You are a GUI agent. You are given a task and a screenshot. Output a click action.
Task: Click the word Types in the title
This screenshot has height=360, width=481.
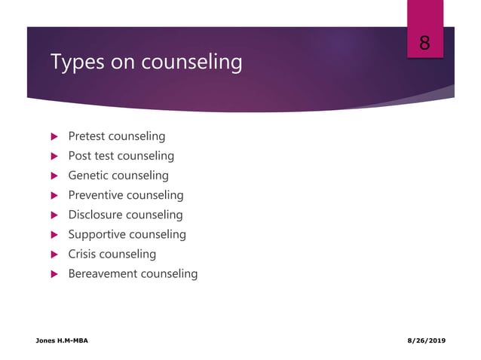pos(76,63)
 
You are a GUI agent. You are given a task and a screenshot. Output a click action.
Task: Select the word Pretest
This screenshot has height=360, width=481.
pos(87,136)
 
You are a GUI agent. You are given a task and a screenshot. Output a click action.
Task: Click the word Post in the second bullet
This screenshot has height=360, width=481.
pos(80,156)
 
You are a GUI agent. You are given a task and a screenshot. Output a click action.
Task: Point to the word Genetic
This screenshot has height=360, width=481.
pos(88,175)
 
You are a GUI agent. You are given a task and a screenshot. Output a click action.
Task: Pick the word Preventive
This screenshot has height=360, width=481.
pos(95,195)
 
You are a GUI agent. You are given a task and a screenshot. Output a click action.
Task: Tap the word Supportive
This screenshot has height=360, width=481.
pos(97,234)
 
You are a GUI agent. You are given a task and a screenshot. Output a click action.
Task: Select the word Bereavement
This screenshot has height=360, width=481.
pos(103,273)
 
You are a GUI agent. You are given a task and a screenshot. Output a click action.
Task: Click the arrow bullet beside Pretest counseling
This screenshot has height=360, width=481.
pos(54,137)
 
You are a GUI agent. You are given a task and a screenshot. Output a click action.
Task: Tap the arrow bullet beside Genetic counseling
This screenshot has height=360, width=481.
pos(54,176)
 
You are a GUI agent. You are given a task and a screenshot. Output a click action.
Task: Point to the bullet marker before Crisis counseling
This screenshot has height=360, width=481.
pos(54,255)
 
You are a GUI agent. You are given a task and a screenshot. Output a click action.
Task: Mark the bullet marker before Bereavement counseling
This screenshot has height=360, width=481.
pos(54,274)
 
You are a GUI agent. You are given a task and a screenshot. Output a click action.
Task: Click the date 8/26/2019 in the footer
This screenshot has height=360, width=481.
pos(426,341)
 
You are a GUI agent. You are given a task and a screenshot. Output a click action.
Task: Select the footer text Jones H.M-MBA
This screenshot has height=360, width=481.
pos(62,341)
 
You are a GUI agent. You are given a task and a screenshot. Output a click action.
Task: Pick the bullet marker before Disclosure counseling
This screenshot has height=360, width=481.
pos(54,215)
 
